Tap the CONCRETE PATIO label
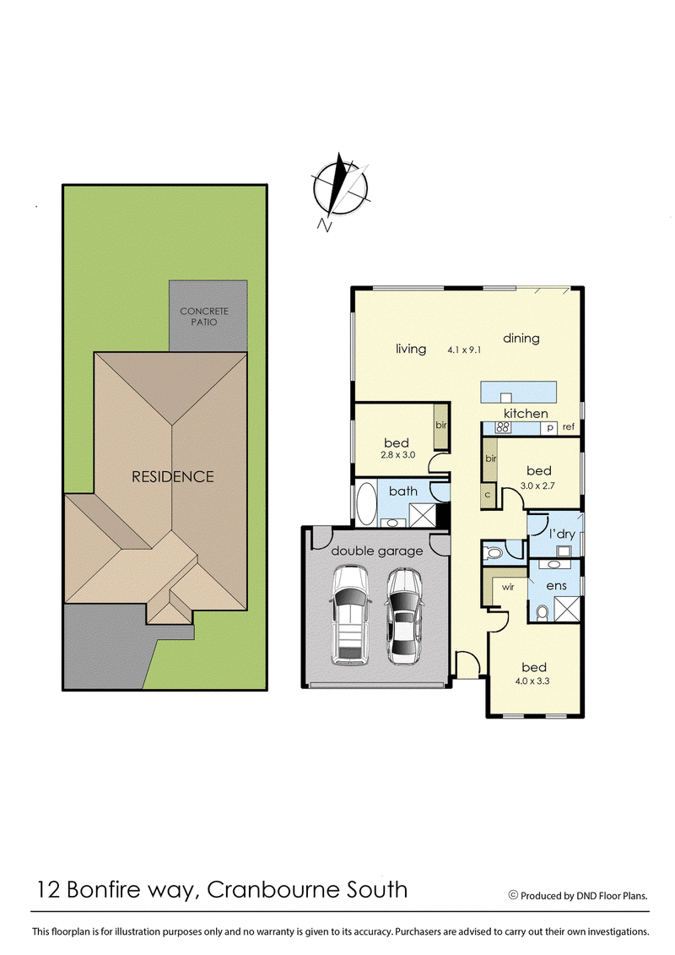(204, 317)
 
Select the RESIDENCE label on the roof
(172, 476)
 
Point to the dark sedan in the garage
(404, 615)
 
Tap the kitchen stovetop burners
(501, 427)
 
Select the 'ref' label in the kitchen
(569, 427)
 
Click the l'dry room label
(562, 534)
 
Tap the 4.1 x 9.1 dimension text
(464, 350)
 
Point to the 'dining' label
(521, 339)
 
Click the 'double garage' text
(376, 551)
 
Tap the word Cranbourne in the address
(264, 889)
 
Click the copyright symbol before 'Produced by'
(512, 895)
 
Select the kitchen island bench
(520, 393)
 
